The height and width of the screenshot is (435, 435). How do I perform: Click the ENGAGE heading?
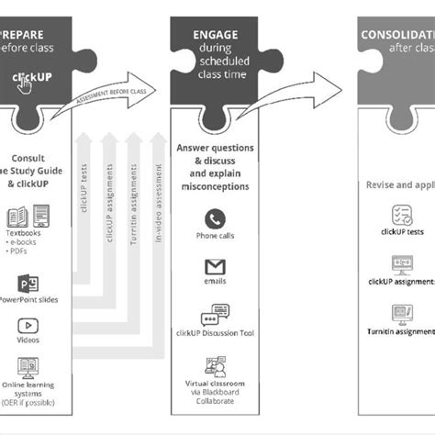pos(216,35)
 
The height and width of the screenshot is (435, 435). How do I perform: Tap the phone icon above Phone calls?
pos(216,219)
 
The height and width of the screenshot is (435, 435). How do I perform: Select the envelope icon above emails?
pos(216,267)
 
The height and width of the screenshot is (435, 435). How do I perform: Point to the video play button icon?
pos(28,325)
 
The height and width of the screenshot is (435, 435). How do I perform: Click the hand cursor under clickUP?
pos(26,85)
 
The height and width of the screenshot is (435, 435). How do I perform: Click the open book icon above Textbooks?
pos(17,217)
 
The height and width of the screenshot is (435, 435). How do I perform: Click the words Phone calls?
pos(216,237)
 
